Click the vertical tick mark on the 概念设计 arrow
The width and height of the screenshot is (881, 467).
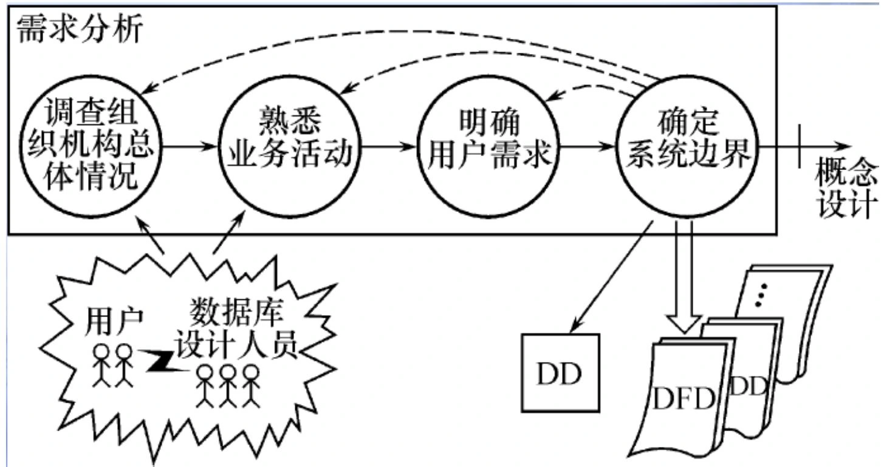pyautogui.click(x=801, y=146)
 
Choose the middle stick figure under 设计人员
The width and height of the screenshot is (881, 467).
pyautogui.click(x=227, y=384)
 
